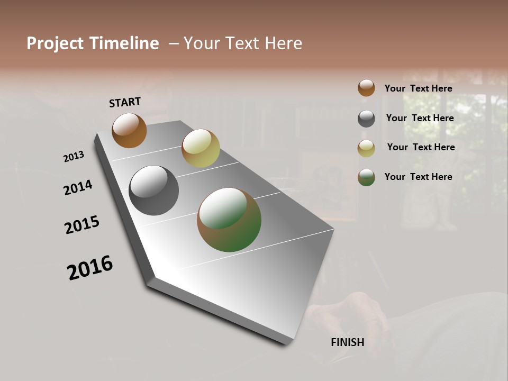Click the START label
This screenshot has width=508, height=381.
[125, 102]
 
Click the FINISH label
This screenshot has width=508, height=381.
[347, 342]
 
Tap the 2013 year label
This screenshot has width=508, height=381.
[74, 157]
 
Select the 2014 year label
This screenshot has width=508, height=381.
[78, 187]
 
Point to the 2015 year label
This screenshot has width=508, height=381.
[82, 225]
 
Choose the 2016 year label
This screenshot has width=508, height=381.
[90, 268]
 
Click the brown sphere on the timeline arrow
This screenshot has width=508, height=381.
[129, 131]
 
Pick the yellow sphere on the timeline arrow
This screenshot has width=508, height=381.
[201, 148]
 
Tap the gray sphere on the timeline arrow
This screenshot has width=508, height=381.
[153, 190]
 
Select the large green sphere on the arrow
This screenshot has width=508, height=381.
[229, 220]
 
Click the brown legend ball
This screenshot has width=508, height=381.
[366, 88]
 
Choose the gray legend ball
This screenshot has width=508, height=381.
[366, 119]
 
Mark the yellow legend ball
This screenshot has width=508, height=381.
[366, 148]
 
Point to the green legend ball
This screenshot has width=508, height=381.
[366, 177]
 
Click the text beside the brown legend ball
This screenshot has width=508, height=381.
[418, 88]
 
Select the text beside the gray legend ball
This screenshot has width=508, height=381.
[420, 118]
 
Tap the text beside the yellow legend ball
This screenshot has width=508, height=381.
[421, 147]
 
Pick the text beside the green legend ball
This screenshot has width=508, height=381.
[418, 177]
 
